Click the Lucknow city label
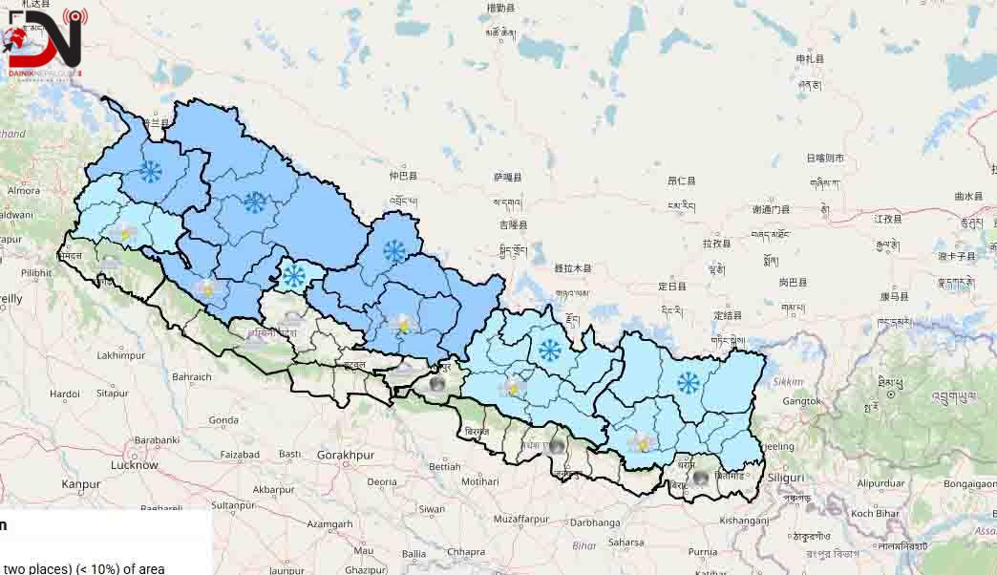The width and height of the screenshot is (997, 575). [x=134, y=465]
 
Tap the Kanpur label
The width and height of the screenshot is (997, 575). [x=81, y=484]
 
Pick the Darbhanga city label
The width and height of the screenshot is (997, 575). [x=595, y=522]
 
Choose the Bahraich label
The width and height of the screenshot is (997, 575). [x=192, y=376]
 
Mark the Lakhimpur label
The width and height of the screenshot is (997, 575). [x=120, y=355]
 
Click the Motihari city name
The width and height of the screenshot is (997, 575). [x=479, y=482]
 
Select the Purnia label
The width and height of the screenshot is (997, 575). [x=702, y=551]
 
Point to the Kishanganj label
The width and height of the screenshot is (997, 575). [x=744, y=521]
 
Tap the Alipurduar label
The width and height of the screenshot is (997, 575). [x=884, y=483]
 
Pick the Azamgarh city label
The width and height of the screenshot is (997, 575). [x=330, y=524]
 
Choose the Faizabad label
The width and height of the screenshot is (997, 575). [x=240, y=455]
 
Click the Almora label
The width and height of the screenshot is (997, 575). [x=24, y=190]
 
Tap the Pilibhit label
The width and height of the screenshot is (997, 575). [x=36, y=272]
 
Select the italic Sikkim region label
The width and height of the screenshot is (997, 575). [x=788, y=381]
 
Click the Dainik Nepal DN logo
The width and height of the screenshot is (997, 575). [x=44, y=43]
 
